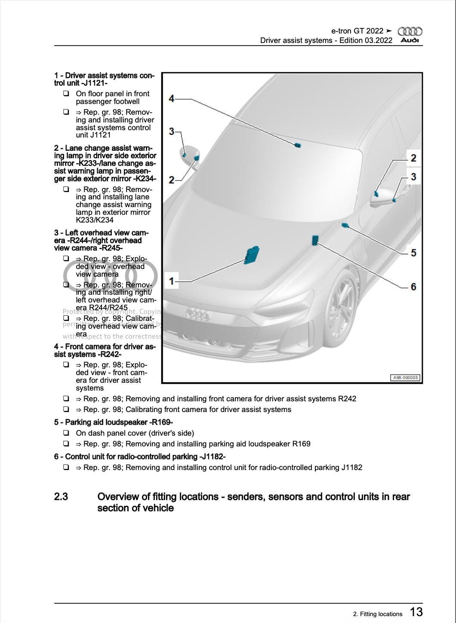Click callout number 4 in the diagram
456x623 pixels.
pos(172,99)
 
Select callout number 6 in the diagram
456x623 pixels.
pos(413,287)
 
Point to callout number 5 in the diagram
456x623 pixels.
pos(413,253)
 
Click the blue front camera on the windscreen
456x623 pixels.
pos(297,145)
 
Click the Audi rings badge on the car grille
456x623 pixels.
pos(197,315)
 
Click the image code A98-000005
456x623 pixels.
pos(405,378)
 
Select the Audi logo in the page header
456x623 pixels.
pos(410,35)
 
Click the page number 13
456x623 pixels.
pos(416,612)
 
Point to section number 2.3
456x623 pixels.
pos(61,497)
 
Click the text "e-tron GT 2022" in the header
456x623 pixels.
pos(357,31)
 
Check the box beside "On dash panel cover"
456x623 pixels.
pos(66,433)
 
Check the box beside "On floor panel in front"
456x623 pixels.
pos(66,94)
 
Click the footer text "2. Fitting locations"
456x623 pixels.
pos(378,614)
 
